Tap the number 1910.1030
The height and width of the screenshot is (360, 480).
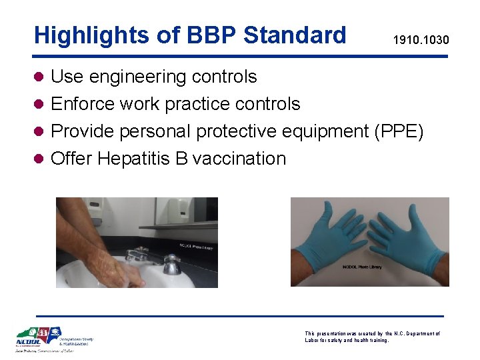click(421, 41)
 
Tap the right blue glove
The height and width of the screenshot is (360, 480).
click(407, 241)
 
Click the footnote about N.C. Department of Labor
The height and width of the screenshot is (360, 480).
click(372, 337)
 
